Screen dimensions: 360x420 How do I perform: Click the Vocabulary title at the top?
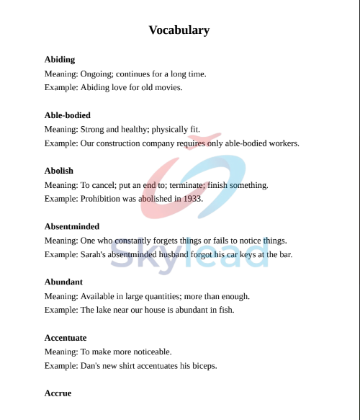[179, 30]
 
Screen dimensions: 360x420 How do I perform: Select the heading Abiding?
[60, 60]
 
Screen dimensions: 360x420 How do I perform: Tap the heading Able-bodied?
[68, 115]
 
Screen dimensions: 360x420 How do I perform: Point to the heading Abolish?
[59, 171]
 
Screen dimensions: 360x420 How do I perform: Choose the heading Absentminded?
[72, 226]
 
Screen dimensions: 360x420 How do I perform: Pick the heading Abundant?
[63, 282]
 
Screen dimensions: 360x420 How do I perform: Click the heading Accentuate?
[66, 337]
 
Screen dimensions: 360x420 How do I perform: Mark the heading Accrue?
[58, 393]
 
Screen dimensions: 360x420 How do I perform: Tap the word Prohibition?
[102, 199]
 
